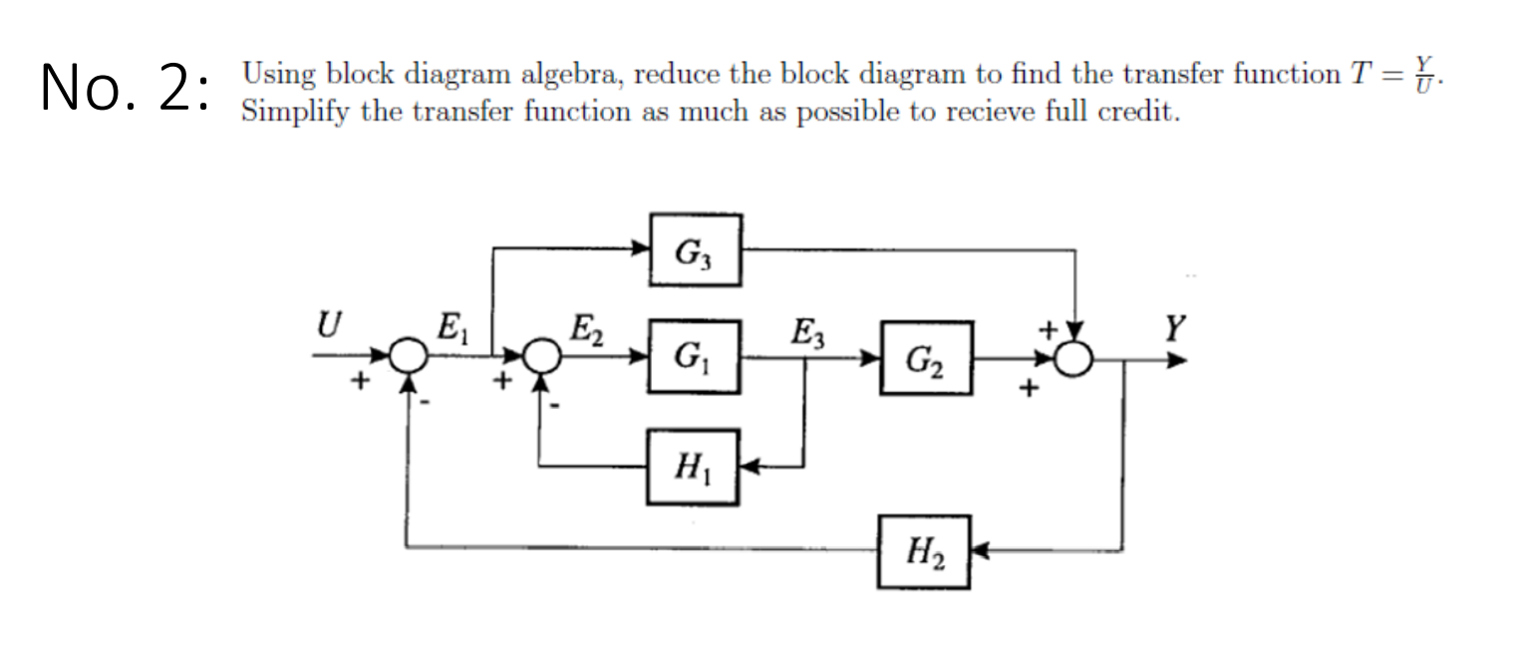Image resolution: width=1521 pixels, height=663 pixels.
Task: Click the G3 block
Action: coord(695,250)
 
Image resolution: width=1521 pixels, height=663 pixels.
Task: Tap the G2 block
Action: coord(926,358)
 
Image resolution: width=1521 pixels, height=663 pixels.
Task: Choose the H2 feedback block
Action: coord(924,549)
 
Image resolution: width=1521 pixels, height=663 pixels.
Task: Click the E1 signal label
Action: coord(451,326)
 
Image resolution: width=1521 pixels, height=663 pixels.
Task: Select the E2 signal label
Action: coord(582,326)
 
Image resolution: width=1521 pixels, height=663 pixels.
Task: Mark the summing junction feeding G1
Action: coord(540,356)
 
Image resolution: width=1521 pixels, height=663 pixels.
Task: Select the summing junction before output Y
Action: coord(1073,356)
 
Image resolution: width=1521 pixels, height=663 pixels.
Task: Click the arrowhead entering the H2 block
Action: coord(979,549)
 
